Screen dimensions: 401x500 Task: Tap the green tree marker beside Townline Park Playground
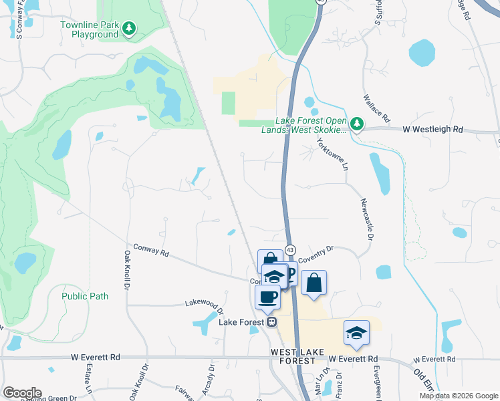click(130, 29)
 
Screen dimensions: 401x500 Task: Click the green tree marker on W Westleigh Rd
click(357, 124)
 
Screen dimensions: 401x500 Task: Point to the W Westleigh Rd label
click(434, 128)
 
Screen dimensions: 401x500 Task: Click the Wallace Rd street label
click(376, 108)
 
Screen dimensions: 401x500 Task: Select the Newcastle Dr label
click(366, 219)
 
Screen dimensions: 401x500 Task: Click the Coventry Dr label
click(316, 253)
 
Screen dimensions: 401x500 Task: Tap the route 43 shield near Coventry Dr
click(290, 249)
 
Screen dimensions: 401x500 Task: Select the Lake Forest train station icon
click(272, 322)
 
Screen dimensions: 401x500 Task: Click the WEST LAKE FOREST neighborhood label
click(293, 356)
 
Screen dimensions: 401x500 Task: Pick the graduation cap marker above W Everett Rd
click(356, 332)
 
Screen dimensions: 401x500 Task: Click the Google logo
click(21, 393)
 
